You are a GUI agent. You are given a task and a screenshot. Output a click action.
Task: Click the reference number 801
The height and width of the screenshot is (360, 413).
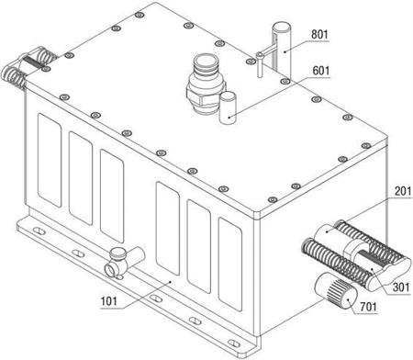coord(319,34)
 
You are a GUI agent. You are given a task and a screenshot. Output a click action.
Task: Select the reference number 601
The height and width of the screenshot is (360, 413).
coord(321,71)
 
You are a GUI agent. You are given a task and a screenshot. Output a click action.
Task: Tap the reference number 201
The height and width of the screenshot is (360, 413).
coord(403,191)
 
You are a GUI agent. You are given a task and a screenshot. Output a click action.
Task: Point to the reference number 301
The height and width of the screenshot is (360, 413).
coord(401,287)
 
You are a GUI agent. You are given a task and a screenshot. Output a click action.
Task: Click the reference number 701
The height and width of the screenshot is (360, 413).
coord(368,307)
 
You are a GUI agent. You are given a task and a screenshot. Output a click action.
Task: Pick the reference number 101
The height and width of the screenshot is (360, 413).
coord(109,301)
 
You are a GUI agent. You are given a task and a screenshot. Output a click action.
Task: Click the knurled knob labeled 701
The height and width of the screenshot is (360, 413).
coord(336,290)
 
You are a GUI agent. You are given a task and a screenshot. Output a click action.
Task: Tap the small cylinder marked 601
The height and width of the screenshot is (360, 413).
coord(228,108)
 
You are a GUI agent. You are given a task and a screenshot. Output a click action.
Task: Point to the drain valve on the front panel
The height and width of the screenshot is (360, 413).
coord(124,262)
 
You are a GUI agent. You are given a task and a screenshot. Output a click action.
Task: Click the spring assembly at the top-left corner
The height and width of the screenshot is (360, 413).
coord(29,66)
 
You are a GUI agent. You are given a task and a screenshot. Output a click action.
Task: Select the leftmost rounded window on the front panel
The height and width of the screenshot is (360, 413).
coord(50,160)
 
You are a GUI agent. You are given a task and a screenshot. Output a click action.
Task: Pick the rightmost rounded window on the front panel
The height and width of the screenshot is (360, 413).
coord(230,264)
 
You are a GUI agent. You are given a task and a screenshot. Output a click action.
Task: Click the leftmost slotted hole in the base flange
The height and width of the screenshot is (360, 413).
coord(39,231)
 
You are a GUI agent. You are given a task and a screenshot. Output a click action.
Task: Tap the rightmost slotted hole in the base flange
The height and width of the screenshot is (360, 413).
coord(234,343)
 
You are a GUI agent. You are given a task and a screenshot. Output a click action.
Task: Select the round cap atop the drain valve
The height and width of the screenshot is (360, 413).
coord(118,253)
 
